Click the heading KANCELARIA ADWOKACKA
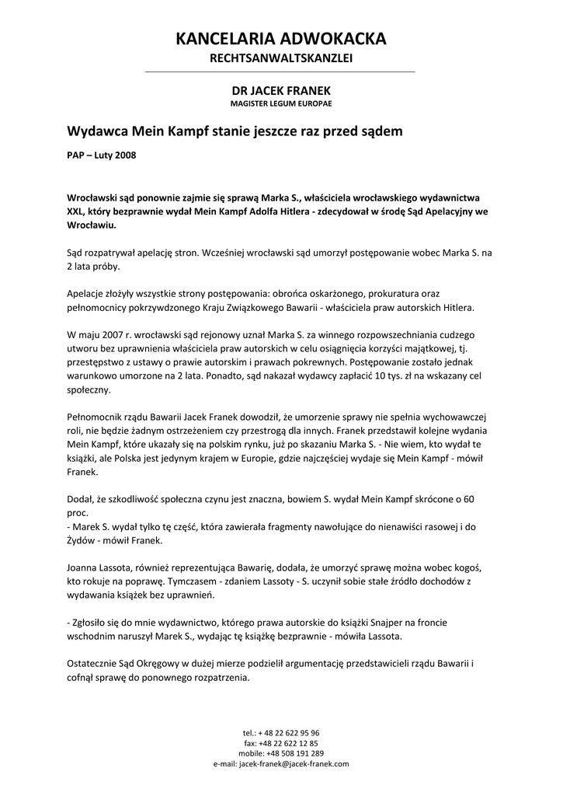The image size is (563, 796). click(x=281, y=39)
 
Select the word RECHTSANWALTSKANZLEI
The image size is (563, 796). click(x=281, y=59)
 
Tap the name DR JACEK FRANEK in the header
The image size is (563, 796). click(x=281, y=90)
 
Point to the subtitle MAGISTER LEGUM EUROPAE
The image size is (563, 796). click(x=281, y=103)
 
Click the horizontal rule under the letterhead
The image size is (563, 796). click(x=281, y=72)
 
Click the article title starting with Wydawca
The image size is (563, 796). click(x=235, y=131)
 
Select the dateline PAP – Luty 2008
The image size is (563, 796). click(x=102, y=155)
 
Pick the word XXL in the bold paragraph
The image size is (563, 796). click(x=75, y=211)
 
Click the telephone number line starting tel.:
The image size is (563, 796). click(x=281, y=733)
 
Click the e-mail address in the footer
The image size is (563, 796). click(x=294, y=763)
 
